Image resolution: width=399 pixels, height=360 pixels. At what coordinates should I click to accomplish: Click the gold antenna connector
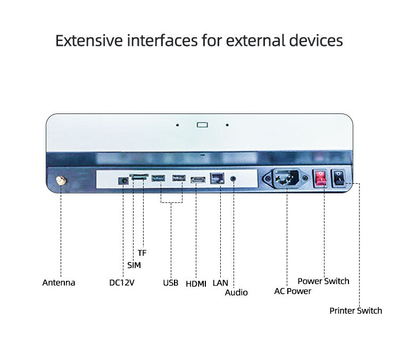(x=61, y=182)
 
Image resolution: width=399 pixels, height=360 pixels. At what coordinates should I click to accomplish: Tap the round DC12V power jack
(x=123, y=181)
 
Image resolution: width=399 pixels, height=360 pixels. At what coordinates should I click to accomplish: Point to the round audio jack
(x=233, y=178)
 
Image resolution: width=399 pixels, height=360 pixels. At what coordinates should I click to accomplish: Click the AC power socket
(x=287, y=179)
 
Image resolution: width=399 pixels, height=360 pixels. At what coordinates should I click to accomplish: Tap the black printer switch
(x=339, y=179)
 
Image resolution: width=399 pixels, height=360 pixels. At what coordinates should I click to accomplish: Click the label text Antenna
(x=59, y=283)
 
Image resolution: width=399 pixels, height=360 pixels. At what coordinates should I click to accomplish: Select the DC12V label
(x=122, y=283)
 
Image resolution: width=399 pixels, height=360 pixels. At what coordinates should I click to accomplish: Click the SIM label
(x=134, y=265)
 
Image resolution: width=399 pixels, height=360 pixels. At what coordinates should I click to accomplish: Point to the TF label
(x=142, y=253)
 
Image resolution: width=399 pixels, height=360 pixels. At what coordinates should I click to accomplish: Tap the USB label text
(x=170, y=283)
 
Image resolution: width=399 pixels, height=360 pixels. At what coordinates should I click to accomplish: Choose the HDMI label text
(x=196, y=284)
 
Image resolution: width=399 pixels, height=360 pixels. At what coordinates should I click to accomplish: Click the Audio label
(x=236, y=292)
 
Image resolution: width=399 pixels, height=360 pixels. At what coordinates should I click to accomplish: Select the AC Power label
(x=293, y=291)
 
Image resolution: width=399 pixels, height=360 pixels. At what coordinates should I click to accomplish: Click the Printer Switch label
(x=355, y=310)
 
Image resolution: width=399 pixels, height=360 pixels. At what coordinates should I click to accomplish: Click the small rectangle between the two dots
(x=202, y=125)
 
